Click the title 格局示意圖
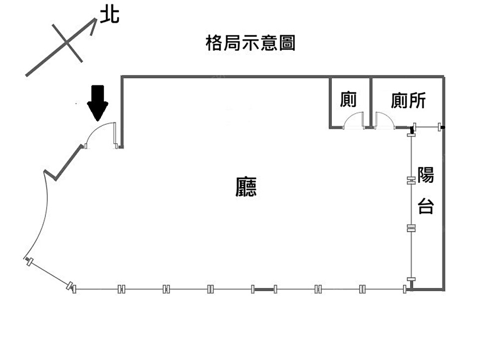click(250, 43)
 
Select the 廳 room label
click(246, 187)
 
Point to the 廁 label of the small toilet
click(348, 100)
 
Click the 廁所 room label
click(408, 101)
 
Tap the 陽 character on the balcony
click(426, 175)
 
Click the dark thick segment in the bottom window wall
click(264, 289)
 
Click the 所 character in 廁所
click(417, 101)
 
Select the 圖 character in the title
click(288, 43)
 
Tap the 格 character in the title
click(213, 43)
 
